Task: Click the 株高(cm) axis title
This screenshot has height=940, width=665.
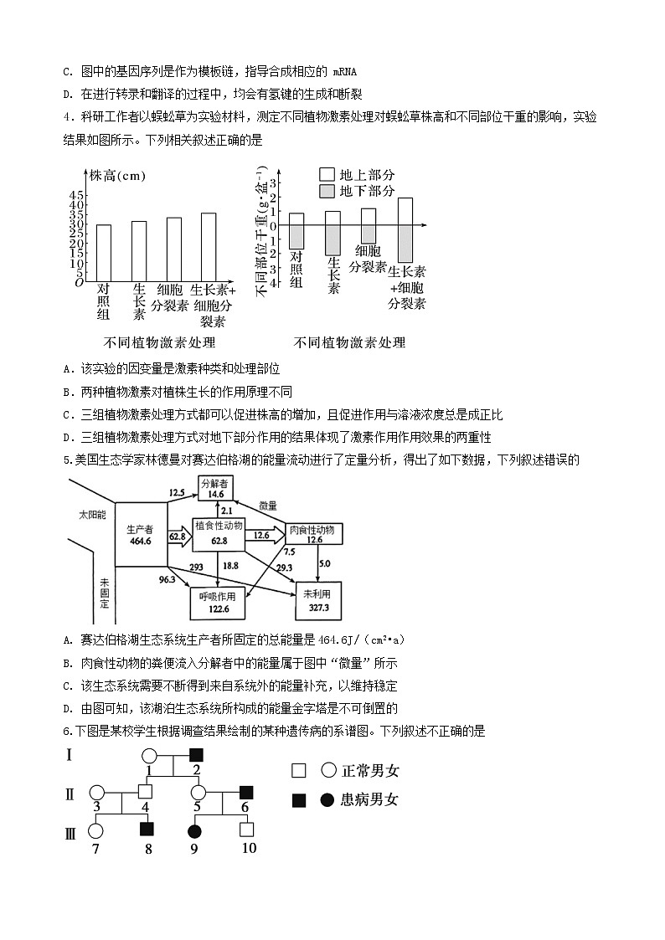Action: click(118, 176)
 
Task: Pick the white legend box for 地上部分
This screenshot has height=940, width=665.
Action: click(327, 174)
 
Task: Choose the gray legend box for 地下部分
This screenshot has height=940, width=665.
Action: click(327, 192)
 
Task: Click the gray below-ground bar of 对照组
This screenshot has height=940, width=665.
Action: click(296, 237)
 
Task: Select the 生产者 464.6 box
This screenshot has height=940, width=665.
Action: click(140, 535)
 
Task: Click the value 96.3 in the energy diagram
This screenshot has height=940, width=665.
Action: click(167, 579)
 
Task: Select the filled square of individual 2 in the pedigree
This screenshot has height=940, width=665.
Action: click(196, 754)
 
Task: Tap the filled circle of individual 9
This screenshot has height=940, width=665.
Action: click(195, 830)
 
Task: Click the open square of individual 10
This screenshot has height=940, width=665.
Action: click(247, 830)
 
